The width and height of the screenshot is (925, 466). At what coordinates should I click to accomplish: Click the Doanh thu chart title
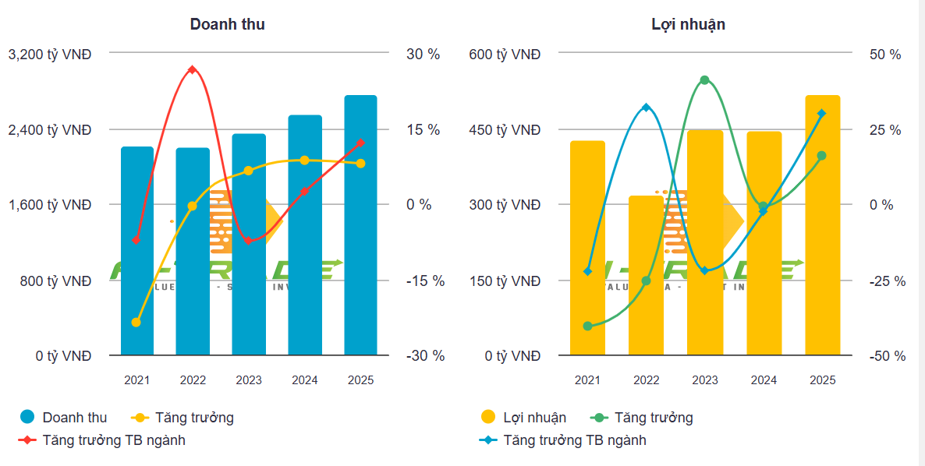pyautogui.click(x=227, y=24)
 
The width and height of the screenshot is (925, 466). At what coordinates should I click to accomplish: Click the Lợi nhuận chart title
pyautogui.click(x=688, y=24)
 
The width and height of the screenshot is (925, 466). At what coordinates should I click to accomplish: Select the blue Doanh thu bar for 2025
pyautogui.click(x=360, y=226)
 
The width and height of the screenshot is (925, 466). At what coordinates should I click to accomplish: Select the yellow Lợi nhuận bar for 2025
pyautogui.click(x=823, y=226)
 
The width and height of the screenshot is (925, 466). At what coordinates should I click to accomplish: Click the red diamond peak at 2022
pyautogui.click(x=193, y=70)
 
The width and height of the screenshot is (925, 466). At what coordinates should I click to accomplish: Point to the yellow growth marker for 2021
pyautogui.click(x=136, y=322)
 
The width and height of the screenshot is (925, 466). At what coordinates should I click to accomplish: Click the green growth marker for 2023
pyautogui.click(x=704, y=80)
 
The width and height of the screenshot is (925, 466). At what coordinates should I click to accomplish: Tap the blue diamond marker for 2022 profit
pyautogui.click(x=646, y=108)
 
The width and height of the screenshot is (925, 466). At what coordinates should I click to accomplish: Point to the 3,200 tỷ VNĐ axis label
pyautogui.click(x=49, y=55)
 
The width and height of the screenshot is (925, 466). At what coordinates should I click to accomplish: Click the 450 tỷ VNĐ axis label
pyautogui.click(x=505, y=130)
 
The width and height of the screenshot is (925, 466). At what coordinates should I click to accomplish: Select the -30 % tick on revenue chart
pyautogui.click(x=425, y=356)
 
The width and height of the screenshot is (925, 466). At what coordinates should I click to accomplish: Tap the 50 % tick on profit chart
pyautogui.click(x=885, y=55)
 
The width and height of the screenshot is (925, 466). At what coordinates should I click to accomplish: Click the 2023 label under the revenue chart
pyautogui.click(x=249, y=380)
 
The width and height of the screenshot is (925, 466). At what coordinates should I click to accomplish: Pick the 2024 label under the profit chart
pyautogui.click(x=764, y=380)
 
